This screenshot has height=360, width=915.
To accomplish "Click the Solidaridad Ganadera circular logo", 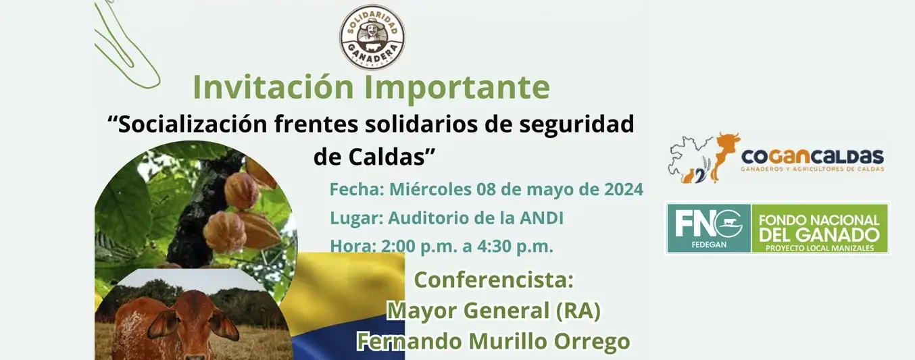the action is (372, 36).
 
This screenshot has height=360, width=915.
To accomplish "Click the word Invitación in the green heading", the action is (273, 86).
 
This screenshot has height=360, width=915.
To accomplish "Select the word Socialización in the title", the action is (193, 124).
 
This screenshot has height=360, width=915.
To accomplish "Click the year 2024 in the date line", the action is (624, 189).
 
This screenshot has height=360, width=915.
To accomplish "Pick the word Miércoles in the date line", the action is (430, 189).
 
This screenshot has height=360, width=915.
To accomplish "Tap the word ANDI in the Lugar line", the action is (542, 218).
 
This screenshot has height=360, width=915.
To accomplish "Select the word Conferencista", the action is (494, 280).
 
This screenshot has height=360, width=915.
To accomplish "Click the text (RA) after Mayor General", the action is (578, 311).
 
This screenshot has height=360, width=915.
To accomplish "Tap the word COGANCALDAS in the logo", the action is (812, 157).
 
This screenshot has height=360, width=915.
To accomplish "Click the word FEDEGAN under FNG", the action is (709, 245).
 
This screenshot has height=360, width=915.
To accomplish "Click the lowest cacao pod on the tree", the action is (224, 232).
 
